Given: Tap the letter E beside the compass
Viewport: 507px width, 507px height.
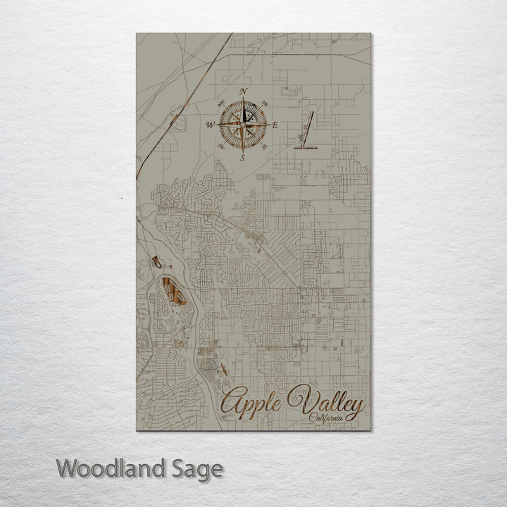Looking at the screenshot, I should [275, 125].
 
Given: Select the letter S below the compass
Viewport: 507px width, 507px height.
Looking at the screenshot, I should [242, 158].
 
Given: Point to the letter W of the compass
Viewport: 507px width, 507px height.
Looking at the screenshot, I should [210, 125].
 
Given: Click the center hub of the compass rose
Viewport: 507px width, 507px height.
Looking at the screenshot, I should [243, 125].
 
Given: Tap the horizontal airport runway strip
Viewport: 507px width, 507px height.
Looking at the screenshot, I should [305, 149].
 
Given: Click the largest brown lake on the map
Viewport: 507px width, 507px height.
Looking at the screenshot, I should [173, 292].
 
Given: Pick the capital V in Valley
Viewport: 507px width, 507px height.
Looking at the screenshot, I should [308, 401].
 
